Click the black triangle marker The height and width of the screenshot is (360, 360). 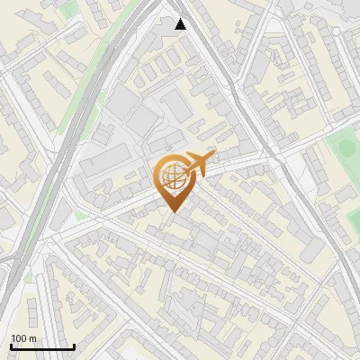click(180, 24)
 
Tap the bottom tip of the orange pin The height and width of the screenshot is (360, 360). click(172, 212)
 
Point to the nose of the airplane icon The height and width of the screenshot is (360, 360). click(212, 157)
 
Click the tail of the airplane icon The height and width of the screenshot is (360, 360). click(183, 167)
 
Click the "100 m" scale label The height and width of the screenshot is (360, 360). click(23, 338)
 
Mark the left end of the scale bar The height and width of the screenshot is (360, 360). click(11, 347)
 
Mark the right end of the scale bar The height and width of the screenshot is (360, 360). click(74, 347)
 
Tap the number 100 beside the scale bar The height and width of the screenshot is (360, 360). click(20, 338)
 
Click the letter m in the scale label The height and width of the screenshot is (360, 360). click(33, 338)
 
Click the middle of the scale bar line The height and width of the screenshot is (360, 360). click(42, 347)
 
